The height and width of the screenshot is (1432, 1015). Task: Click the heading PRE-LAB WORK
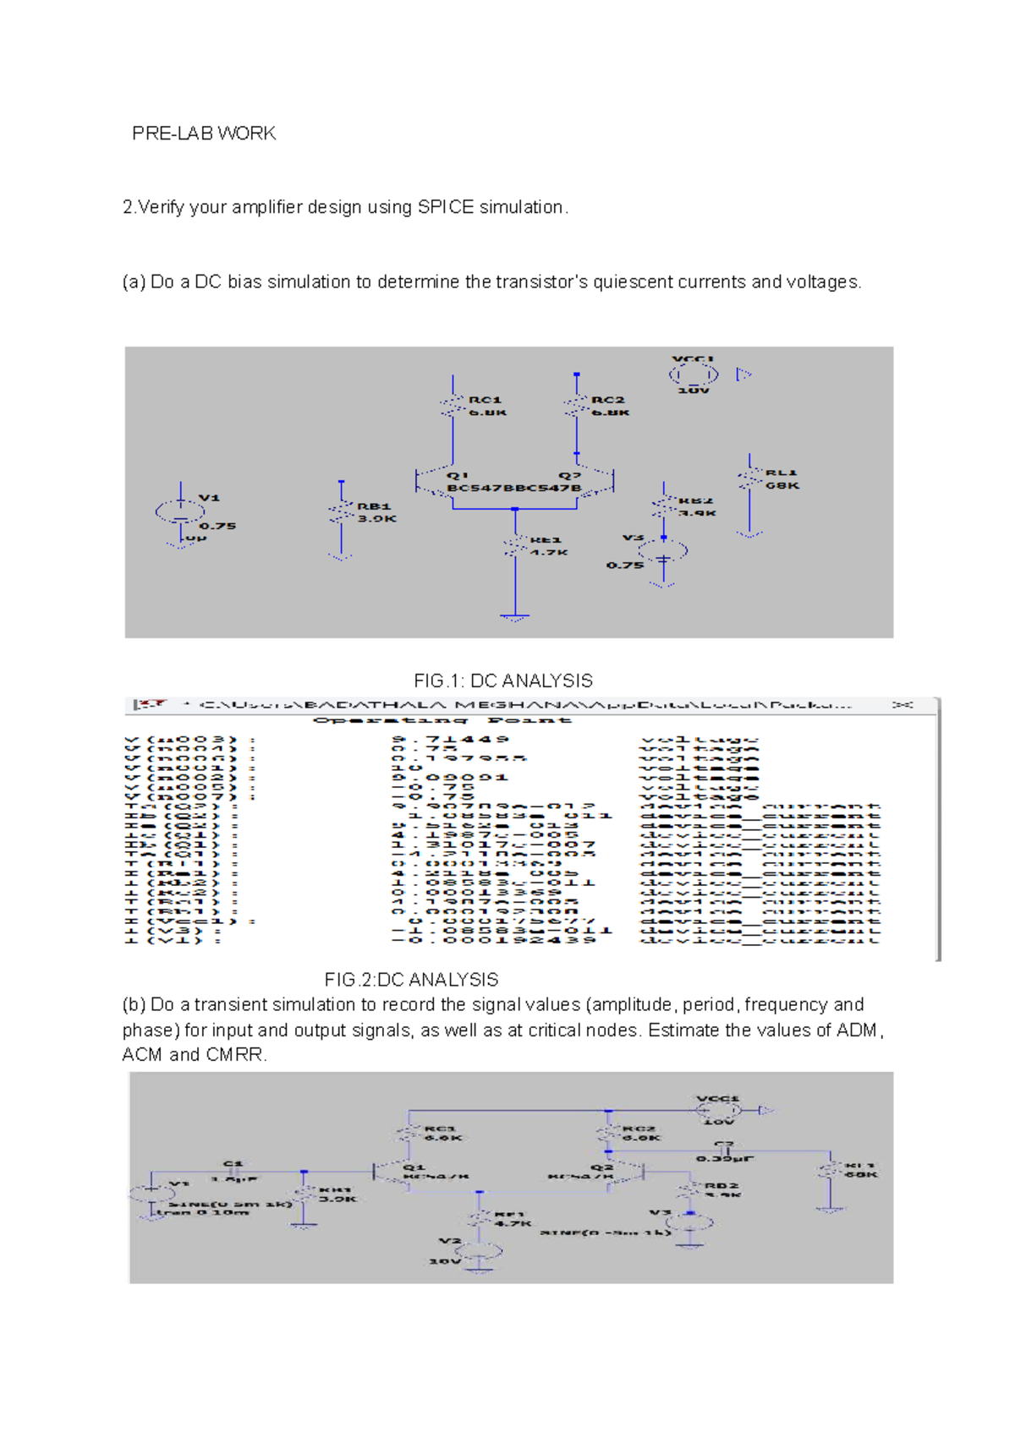[204, 134]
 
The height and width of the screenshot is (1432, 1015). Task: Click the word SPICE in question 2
[446, 207]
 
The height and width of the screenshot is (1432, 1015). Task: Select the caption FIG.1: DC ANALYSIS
[503, 680]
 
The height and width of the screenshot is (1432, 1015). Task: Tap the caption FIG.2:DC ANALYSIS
[412, 980]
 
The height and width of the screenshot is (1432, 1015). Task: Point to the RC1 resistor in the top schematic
[453, 406]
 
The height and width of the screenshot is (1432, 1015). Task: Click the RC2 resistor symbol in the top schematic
[577, 406]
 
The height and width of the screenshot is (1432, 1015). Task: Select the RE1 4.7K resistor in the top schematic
[515, 546]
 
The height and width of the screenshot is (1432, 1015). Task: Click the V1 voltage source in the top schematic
[180, 511]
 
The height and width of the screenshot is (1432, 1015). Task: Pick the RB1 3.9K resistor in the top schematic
[341, 513]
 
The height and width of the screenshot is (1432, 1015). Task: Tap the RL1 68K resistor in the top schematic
[750, 479]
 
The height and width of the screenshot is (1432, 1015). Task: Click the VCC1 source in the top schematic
[694, 374]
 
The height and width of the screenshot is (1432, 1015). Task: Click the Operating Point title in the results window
[442, 720]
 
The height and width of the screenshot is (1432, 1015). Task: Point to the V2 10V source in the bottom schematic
[479, 1251]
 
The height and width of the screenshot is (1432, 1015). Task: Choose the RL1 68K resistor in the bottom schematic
[831, 1171]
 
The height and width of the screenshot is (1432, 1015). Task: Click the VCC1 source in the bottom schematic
[718, 1110]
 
